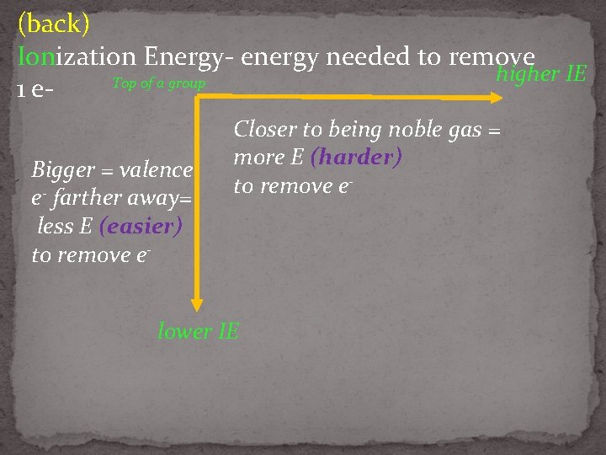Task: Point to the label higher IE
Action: coord(541,74)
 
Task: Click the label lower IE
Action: coord(199,331)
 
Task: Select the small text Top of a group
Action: coord(158,84)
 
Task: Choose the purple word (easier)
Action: coord(141,226)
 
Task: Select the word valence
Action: coord(157,170)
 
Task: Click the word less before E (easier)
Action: coord(56,226)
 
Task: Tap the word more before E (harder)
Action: coord(258,158)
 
